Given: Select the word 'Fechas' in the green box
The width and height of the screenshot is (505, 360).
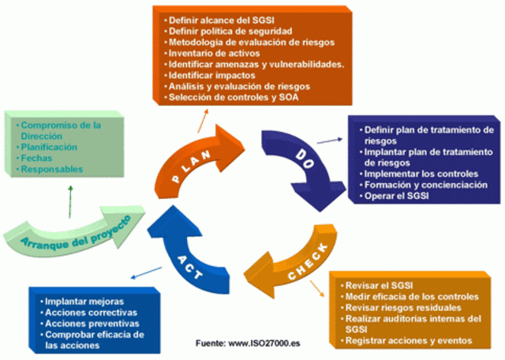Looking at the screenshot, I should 36,158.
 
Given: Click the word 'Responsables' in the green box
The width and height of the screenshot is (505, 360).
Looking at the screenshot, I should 51,169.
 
